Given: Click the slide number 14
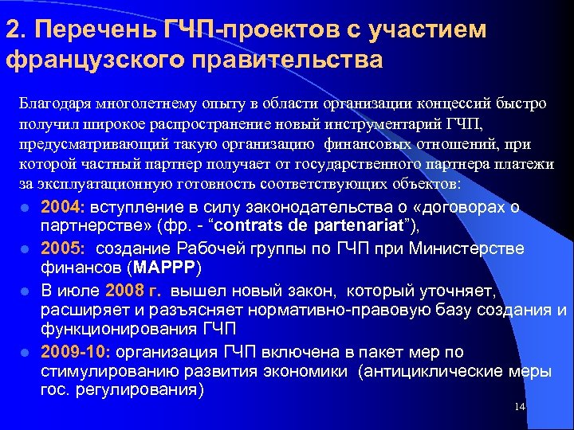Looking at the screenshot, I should [x=520, y=408].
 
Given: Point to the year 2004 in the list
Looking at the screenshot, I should [x=60, y=207].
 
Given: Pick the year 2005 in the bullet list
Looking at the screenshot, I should [x=60, y=248].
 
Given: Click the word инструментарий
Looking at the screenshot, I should [x=394, y=123].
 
